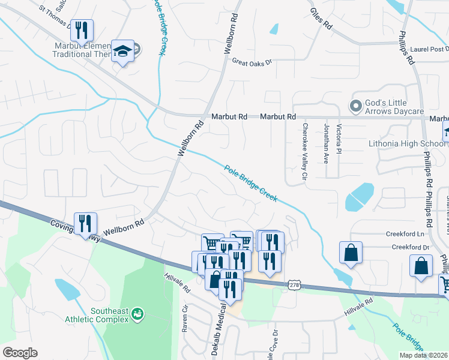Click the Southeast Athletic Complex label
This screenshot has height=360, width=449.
tap(109, 315)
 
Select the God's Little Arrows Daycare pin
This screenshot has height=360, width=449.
tap(355, 106)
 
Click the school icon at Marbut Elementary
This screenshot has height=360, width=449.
tap(123, 52)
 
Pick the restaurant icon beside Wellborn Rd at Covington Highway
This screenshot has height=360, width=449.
tap(85, 224)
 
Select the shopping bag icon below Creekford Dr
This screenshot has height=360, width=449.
tap(421, 265)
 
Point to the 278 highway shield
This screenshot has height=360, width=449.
tap(294, 286)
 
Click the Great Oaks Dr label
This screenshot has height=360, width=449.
tap(252, 61)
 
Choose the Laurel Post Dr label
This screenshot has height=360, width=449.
tap(430, 49)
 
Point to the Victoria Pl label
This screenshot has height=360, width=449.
tap(339, 138)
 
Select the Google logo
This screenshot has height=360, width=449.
tap(20, 353)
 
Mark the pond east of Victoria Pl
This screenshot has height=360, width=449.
tap(361, 195)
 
